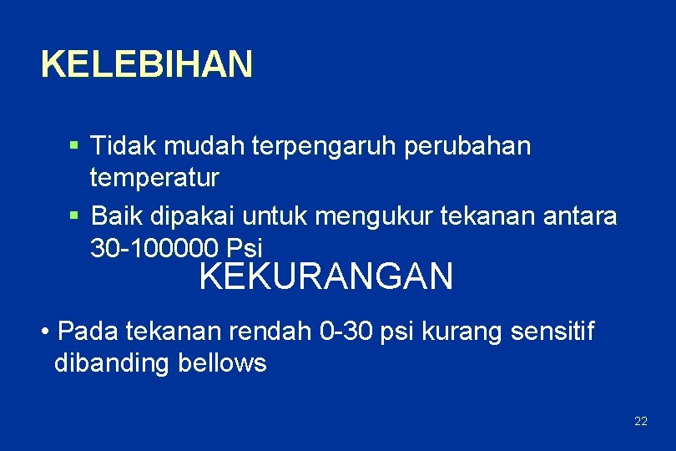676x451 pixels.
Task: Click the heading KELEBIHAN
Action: coord(146,64)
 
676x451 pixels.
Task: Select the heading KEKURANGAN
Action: coord(326,277)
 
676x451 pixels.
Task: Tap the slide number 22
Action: coord(640,421)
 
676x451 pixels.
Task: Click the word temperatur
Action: coord(154,177)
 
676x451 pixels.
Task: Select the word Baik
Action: coord(118,216)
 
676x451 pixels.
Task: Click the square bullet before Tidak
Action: coord(74,146)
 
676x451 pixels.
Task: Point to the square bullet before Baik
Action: coord(74,216)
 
